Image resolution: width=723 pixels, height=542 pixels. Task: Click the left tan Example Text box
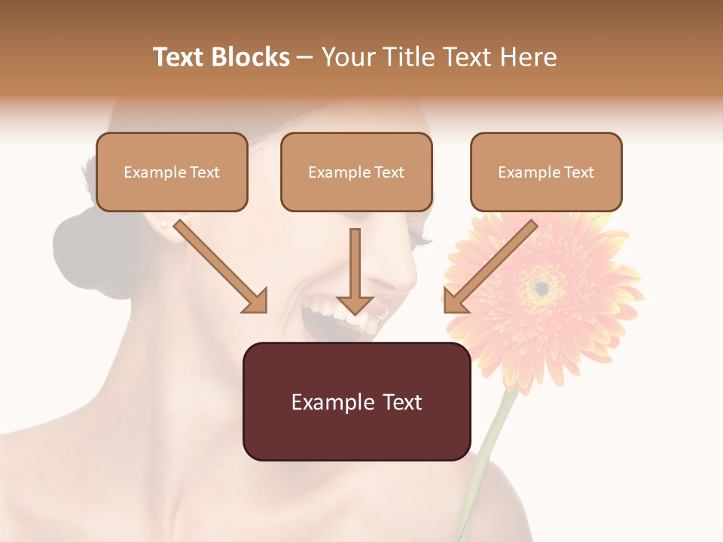[172, 172]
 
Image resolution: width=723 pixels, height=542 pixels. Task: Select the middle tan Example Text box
[356, 172]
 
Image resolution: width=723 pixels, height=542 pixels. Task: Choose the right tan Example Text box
[546, 172]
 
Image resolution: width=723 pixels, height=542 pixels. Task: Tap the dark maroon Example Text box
[356, 401]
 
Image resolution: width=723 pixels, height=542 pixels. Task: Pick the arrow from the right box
[490, 266]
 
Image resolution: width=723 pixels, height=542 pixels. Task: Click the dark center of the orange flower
[541, 287]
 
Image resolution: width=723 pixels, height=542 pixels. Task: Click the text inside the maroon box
[356, 402]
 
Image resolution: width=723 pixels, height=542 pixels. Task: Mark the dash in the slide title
[305, 57]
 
